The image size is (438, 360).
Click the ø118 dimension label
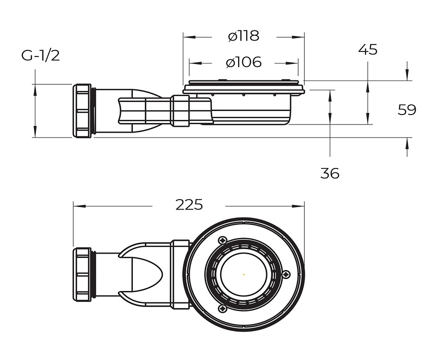click(243, 36)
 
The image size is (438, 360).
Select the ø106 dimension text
click(243, 62)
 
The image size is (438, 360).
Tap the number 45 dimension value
click(368, 50)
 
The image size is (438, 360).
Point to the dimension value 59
click(407, 110)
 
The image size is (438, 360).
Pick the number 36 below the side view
click(330, 173)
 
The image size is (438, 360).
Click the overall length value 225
click(189, 205)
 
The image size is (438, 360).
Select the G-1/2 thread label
click(40, 55)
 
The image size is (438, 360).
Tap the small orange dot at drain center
click(243, 274)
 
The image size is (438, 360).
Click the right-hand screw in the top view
click(286, 273)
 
